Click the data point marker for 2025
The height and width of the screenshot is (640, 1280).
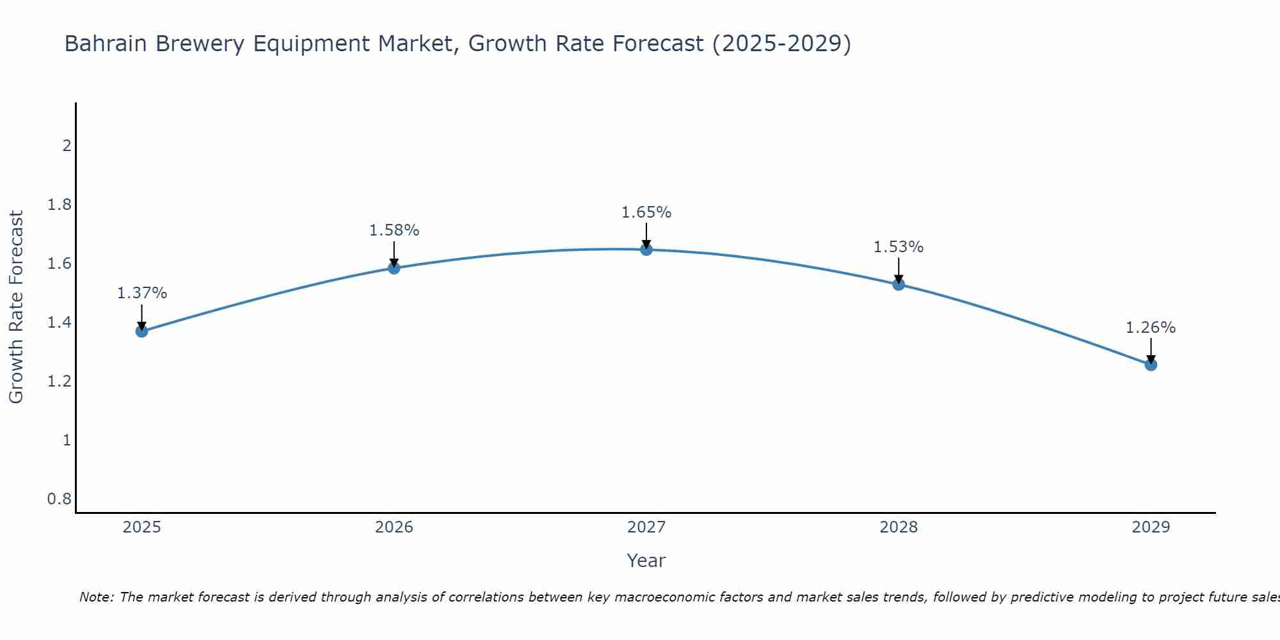pyautogui.click(x=142, y=331)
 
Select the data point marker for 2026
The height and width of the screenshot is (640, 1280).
pyautogui.click(x=394, y=268)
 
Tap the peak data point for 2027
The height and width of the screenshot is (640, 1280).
pyautogui.click(x=646, y=250)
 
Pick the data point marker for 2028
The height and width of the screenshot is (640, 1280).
pyautogui.click(x=899, y=284)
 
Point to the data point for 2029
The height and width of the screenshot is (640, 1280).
pyautogui.click(x=1151, y=365)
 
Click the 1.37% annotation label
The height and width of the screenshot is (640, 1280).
pyautogui.click(x=142, y=293)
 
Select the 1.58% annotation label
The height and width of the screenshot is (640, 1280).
pyautogui.click(x=394, y=230)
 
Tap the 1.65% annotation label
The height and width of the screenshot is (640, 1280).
pyautogui.click(x=646, y=212)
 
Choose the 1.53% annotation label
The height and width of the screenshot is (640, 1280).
pyautogui.click(x=899, y=247)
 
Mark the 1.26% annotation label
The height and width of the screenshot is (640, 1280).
pyautogui.click(x=1151, y=328)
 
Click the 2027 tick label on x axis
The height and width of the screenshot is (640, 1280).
pyautogui.click(x=646, y=527)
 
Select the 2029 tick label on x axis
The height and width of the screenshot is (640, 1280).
pyautogui.click(x=1151, y=527)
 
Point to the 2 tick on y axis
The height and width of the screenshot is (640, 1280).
pyautogui.click(x=67, y=146)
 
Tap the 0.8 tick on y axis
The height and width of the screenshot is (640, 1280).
pyautogui.click(x=60, y=499)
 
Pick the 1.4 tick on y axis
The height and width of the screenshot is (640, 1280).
pyautogui.click(x=60, y=323)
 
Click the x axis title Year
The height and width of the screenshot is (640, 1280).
pyautogui.click(x=646, y=561)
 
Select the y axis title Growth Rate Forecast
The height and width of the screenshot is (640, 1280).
pyautogui.click(x=17, y=307)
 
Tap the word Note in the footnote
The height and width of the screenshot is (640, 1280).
pyautogui.click(x=96, y=597)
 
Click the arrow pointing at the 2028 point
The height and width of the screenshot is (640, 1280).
pyautogui.click(x=899, y=270)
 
